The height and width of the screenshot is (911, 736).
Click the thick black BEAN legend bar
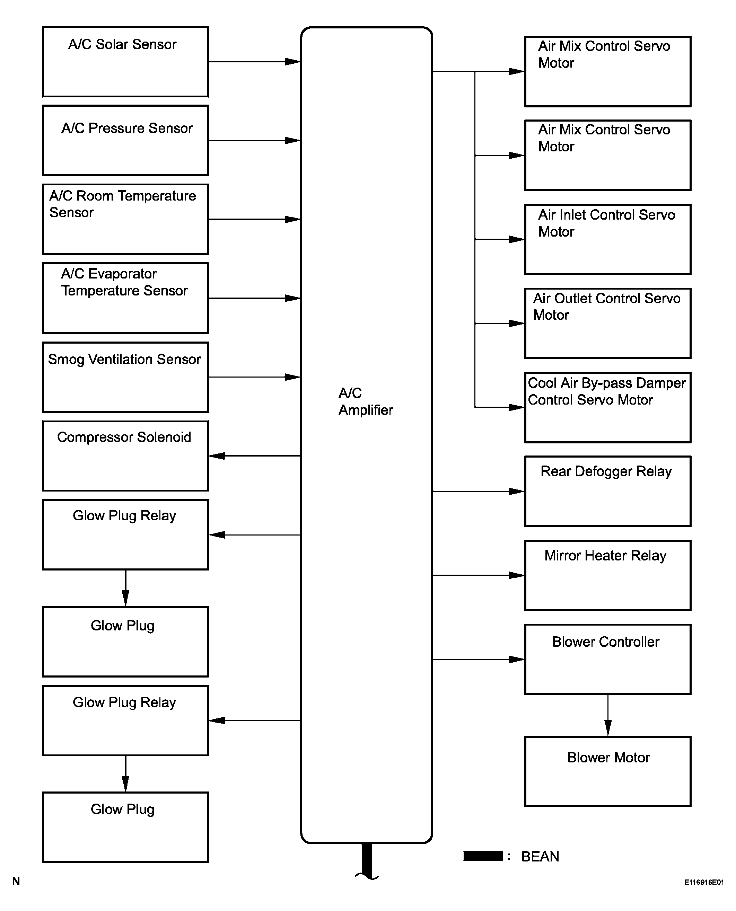[483, 856]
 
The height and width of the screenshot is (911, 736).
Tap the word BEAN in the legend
[540, 856]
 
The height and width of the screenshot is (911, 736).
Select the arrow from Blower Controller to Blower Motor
[608, 715]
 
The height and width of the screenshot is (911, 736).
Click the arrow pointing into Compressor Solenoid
[255, 456]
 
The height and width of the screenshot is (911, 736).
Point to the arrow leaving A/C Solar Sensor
[255, 62]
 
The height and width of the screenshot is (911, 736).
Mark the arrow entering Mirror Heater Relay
[479, 575]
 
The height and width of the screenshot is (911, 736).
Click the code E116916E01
[704, 882]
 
